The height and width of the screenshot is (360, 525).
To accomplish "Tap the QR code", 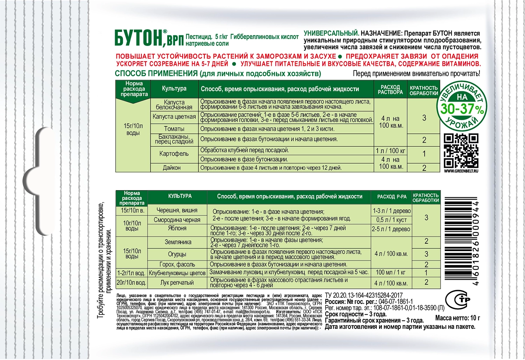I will [x=461, y=151].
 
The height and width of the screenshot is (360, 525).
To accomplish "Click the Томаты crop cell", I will [x=174, y=129].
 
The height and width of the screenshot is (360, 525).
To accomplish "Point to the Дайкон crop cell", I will [x=171, y=168].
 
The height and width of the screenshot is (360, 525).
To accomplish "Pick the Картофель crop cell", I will [x=174, y=154].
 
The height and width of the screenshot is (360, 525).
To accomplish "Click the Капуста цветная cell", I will [x=174, y=117].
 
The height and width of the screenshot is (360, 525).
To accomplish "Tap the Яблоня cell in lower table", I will [x=177, y=228].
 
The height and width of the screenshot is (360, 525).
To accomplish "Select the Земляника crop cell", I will [x=178, y=242].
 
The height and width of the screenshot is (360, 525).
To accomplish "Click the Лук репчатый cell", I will [x=177, y=283].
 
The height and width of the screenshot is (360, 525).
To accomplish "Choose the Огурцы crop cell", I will [x=177, y=254].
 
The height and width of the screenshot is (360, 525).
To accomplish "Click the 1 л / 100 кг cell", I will [x=390, y=151].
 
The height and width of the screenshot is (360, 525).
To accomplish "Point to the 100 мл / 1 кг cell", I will [x=391, y=272].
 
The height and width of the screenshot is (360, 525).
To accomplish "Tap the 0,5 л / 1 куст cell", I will [x=391, y=220].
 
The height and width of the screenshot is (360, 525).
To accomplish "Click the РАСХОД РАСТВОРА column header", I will [x=390, y=90].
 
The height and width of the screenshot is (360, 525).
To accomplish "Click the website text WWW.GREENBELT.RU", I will [x=461, y=171].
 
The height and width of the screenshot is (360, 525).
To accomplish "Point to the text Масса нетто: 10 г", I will [x=457, y=318].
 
